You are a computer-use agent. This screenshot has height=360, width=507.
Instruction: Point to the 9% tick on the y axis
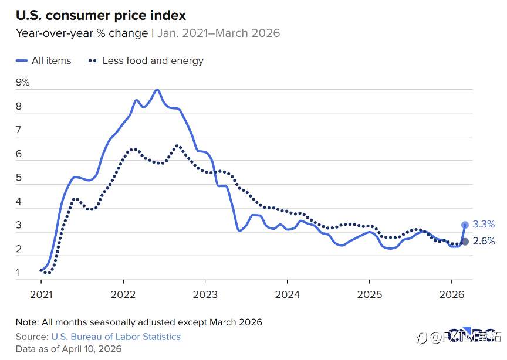(x=23, y=82)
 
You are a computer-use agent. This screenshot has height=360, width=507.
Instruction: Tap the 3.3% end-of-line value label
(x=484, y=224)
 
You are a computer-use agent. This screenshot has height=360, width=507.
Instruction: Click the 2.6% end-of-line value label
(x=484, y=241)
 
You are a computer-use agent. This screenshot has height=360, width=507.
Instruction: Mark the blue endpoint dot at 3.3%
(x=465, y=225)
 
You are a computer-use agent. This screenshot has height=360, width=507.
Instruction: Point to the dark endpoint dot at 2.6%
(x=465, y=242)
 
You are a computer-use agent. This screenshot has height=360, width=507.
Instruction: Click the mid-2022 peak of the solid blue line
(x=157, y=90)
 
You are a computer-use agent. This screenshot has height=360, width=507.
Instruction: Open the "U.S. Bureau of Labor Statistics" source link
(x=116, y=337)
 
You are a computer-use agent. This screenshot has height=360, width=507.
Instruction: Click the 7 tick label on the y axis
(x=19, y=130)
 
